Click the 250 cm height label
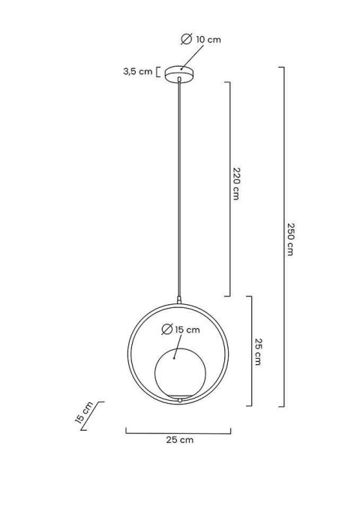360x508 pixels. tap(290, 239)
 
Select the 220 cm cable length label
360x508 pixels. tap(236, 184)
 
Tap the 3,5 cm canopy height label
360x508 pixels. tap(137, 71)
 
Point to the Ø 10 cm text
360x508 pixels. tap(201, 40)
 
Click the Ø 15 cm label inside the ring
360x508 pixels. tap(181, 330)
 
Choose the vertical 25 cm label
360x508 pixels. tap(258, 352)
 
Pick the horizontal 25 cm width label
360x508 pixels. tap(180, 440)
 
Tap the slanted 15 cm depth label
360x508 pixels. tap(84, 413)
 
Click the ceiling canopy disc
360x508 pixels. tap(180, 74)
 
